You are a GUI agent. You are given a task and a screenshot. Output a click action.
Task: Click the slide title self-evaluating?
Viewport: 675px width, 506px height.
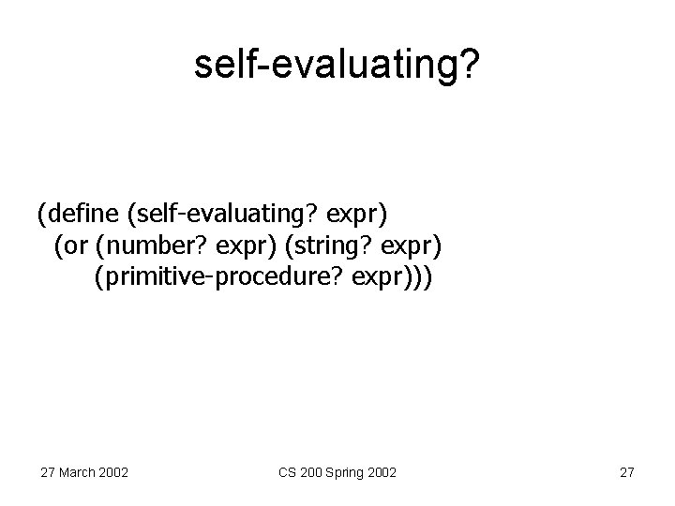[x=337, y=66]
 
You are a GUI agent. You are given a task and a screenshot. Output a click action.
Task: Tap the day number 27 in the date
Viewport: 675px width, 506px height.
[x=47, y=471]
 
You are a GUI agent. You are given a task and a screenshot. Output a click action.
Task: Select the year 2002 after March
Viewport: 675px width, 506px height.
[x=114, y=471]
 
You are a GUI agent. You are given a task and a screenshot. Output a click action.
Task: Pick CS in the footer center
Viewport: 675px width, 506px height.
[x=288, y=471]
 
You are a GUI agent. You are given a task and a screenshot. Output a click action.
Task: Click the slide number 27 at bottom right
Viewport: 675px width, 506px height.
[x=627, y=471]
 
